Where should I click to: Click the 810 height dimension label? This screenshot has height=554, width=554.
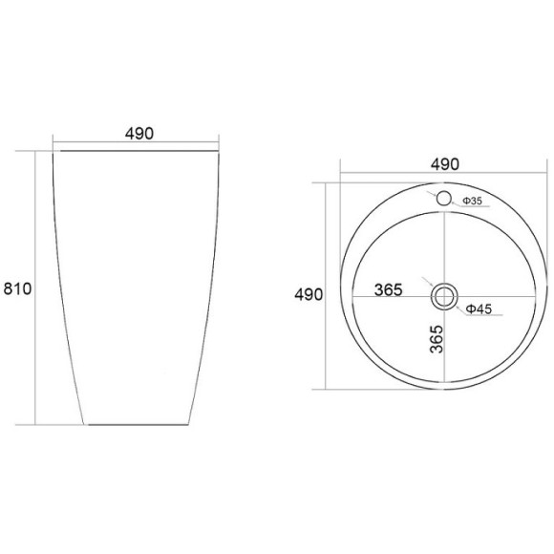[x=17, y=288]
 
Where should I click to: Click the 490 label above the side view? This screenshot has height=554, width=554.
[x=139, y=133]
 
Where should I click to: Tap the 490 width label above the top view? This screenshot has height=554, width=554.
[x=445, y=164]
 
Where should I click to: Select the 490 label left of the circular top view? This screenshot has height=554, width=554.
[x=309, y=294]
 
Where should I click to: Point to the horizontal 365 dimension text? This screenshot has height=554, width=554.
[x=389, y=289]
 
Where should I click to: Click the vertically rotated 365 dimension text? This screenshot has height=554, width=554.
[x=437, y=339]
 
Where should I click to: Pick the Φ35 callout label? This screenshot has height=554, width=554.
[x=473, y=201]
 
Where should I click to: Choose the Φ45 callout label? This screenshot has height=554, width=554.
[x=479, y=309]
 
